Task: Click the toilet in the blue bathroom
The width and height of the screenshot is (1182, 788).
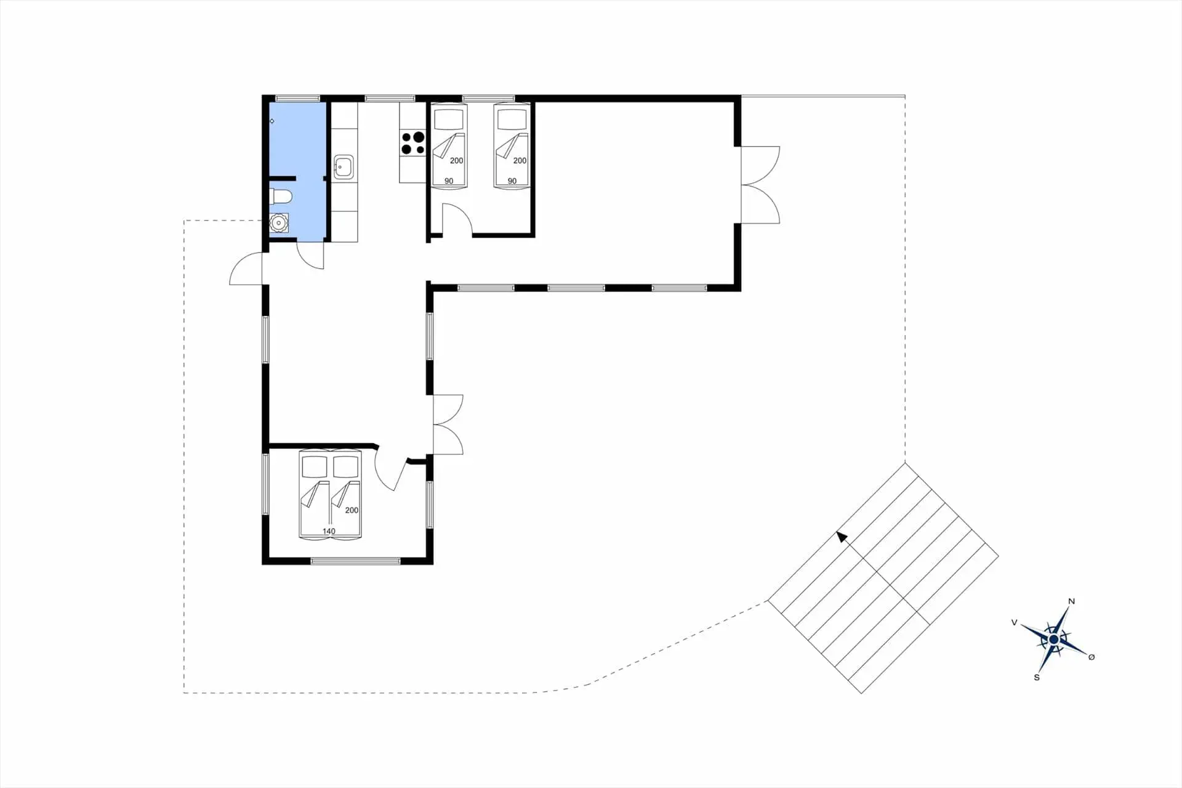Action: [280, 197]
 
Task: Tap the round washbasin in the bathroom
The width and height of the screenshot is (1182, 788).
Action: [279, 222]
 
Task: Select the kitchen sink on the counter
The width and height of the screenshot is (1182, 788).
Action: [343, 167]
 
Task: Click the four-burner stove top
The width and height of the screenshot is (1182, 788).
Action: [412, 143]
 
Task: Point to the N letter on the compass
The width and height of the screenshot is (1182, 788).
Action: [1071, 601]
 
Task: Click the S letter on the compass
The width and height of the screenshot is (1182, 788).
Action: [1037, 677]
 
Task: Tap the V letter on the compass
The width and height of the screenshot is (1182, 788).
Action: [1015, 622]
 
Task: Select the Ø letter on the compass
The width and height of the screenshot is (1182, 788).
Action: [1092, 657]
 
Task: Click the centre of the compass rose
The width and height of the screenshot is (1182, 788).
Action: [1053, 640]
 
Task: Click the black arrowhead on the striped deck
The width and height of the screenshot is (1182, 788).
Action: [842, 537]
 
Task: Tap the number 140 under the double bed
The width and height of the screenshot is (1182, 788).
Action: [329, 531]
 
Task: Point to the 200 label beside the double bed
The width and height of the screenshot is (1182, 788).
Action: [352, 510]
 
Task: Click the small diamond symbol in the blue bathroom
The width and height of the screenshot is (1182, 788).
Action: [272, 121]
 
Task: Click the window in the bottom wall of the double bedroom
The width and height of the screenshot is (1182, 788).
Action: [356, 561]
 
